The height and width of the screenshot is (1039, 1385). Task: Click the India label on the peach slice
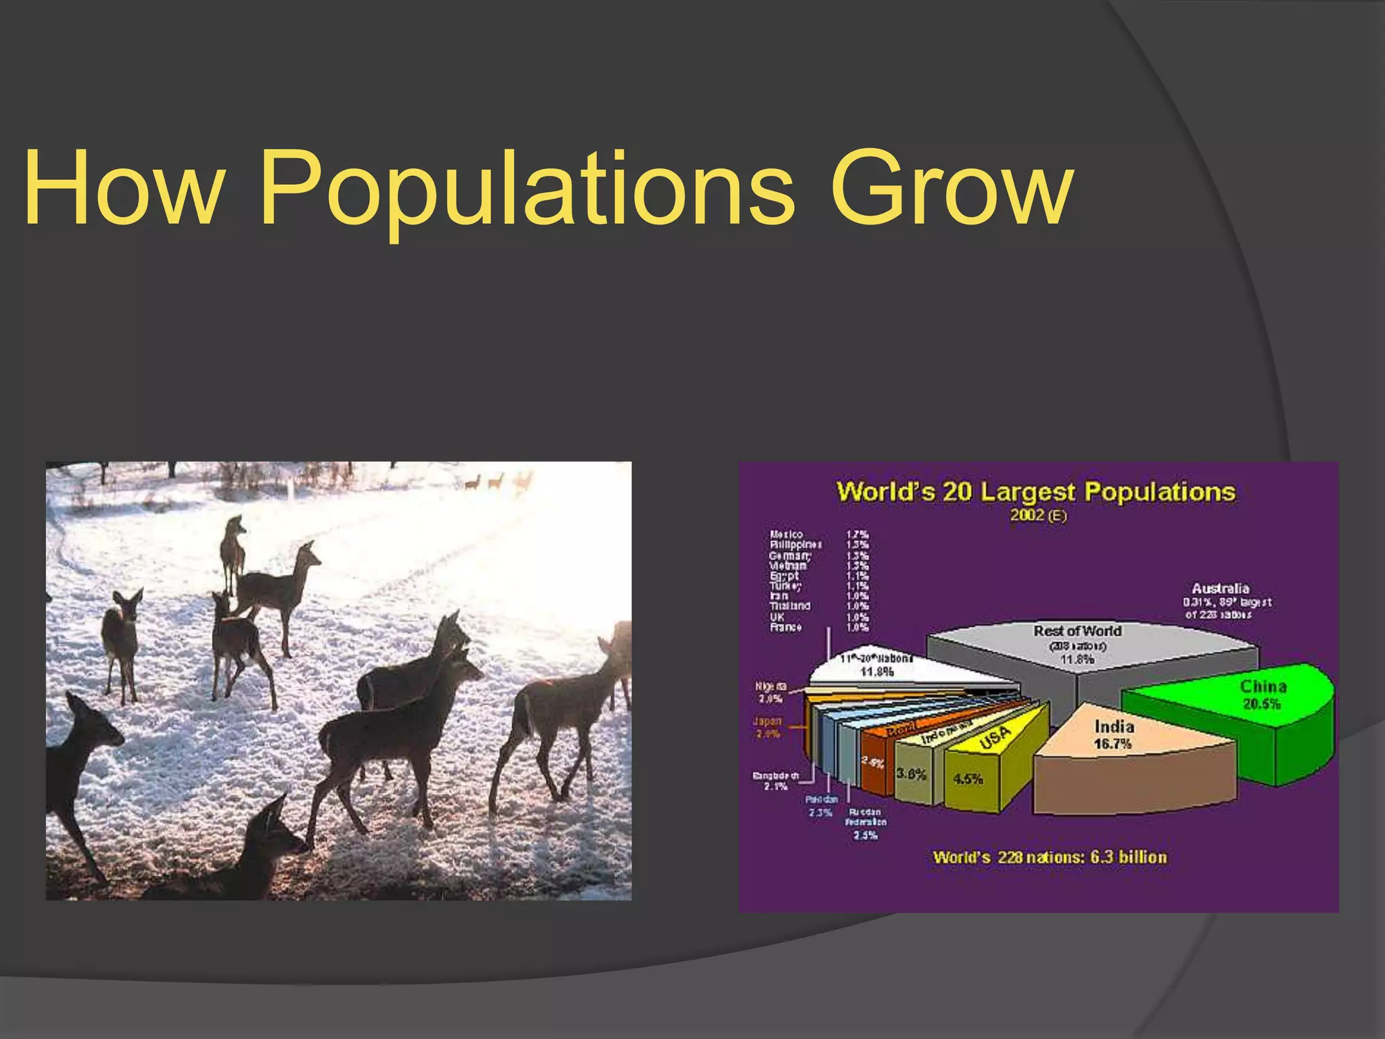click(1114, 726)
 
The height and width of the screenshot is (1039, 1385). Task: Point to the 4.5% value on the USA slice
click(968, 779)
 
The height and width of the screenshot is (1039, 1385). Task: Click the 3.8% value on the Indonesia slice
click(911, 773)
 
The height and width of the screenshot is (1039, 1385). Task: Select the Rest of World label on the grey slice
click(1077, 631)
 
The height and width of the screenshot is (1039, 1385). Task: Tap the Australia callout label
click(1221, 588)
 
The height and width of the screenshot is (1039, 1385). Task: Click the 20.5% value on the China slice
click(1261, 703)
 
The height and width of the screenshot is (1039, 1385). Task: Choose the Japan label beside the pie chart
click(768, 721)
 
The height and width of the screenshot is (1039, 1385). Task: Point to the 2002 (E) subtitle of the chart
click(1038, 515)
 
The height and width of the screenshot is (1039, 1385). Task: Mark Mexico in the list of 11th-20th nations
click(786, 534)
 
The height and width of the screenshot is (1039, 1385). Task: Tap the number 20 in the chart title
click(957, 492)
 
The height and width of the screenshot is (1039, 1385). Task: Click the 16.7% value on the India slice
click(1112, 744)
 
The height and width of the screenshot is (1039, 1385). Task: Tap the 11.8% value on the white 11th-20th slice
click(876, 672)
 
